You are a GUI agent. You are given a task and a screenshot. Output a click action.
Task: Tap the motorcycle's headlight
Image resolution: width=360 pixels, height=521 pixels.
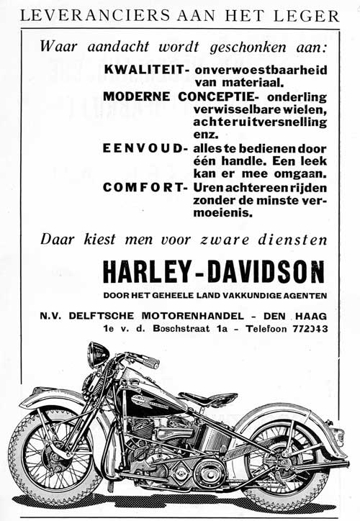[98, 353]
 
